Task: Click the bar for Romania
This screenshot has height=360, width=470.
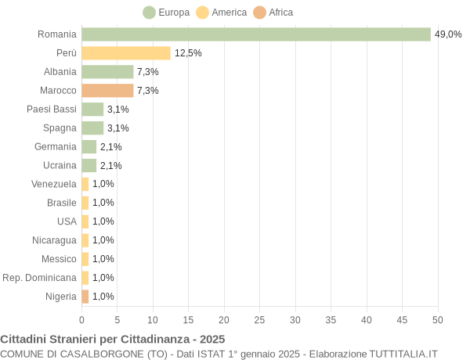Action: pos(256,34)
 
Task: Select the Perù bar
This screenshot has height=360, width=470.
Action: pos(126,53)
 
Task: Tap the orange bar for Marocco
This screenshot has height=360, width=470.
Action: pos(107,91)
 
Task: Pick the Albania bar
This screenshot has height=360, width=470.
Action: pos(107,72)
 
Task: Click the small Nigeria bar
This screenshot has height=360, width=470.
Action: pos(85,297)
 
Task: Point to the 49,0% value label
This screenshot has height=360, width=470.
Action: pos(448,34)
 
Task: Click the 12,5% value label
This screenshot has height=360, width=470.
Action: pos(188,53)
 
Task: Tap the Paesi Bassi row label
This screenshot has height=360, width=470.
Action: pos(52,110)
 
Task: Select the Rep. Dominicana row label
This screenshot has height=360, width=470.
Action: pos(40,278)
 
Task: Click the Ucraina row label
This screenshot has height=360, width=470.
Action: pos(60,165)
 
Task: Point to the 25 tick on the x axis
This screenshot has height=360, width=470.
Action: pos(259,320)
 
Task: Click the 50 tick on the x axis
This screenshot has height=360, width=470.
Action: pos(437,320)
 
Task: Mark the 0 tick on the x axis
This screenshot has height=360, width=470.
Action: pos(81,320)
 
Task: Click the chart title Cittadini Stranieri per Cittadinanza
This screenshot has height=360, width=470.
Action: pos(113,340)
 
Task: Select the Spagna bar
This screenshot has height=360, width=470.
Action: pos(92,128)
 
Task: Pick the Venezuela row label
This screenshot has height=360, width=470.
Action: pos(54,184)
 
